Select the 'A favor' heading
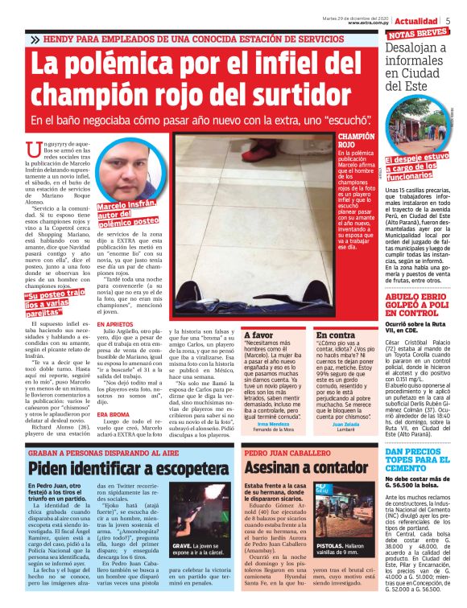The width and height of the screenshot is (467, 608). [x=259, y=335]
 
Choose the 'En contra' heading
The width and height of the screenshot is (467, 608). [x=335, y=335]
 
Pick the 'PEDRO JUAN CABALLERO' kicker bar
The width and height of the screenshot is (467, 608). [x=282, y=453]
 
